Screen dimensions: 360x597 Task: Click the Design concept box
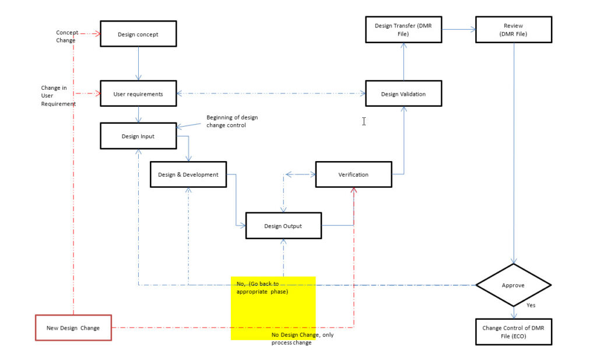coord(138,34)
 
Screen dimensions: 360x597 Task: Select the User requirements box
coord(138,93)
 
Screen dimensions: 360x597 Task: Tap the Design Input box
coord(138,136)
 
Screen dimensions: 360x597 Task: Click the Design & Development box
coord(188,174)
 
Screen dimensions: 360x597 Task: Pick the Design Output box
coord(283,226)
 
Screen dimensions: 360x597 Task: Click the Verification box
coord(353,174)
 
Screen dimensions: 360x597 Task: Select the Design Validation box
coord(403,94)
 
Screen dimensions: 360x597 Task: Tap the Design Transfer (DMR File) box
coord(403,30)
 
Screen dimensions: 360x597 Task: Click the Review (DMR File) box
coord(513,30)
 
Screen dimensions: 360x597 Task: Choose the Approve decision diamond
coord(513,285)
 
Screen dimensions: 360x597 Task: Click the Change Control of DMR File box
coord(513,332)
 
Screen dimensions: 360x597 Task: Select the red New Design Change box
coord(73,328)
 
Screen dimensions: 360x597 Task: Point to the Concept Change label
coord(66,37)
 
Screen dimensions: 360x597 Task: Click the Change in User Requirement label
coord(58,96)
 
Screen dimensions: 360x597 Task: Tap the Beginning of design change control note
coord(231,121)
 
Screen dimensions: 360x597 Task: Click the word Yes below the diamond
coord(531,305)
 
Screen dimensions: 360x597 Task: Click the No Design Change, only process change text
coord(302,338)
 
